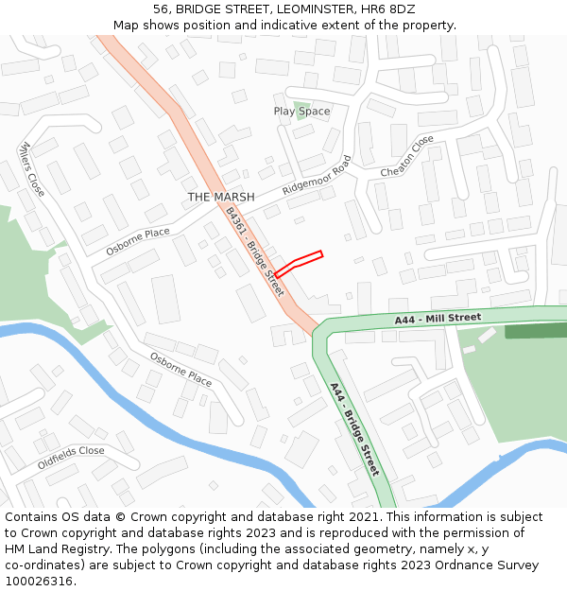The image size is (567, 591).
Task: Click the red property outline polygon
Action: click(299, 263)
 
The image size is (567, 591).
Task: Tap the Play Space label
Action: click(301, 112)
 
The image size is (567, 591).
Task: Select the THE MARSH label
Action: click(220, 197)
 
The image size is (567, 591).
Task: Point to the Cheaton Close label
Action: click(407, 156)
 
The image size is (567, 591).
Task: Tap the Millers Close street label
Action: click(32, 169)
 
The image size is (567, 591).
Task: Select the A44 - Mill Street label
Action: click(438, 320)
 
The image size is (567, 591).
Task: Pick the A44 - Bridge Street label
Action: click(354, 428)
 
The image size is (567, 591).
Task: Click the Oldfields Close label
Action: click(71, 458)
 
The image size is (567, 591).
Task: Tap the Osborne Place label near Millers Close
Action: click(138, 240)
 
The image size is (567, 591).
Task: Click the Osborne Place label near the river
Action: click(180, 370)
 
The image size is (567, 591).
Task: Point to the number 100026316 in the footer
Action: click(37, 582)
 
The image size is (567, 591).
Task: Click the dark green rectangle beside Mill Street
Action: click(536, 331)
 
